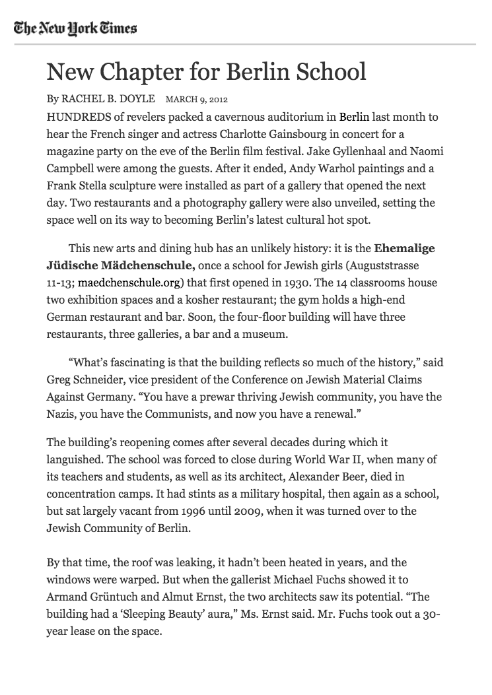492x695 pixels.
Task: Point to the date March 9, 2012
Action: point(196,100)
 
